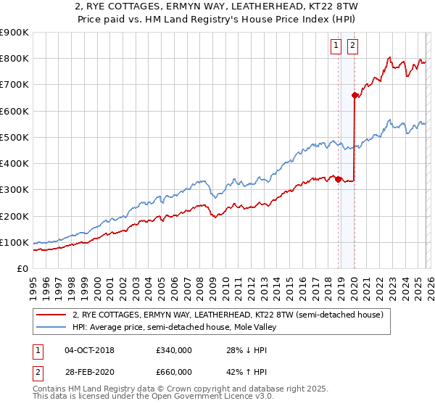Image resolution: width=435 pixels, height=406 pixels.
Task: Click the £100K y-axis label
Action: (14, 243)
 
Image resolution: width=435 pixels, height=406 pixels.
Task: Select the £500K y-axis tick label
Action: (14, 138)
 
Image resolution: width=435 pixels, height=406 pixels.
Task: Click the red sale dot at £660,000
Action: (355, 95)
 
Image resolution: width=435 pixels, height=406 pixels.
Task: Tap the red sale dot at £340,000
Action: (339, 180)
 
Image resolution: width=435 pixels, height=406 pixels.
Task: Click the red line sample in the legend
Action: (51, 315)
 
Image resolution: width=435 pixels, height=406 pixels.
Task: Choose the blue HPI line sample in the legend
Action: (51, 328)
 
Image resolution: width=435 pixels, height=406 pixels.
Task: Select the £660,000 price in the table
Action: (174, 372)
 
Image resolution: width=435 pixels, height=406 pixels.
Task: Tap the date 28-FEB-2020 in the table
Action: (89, 372)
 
